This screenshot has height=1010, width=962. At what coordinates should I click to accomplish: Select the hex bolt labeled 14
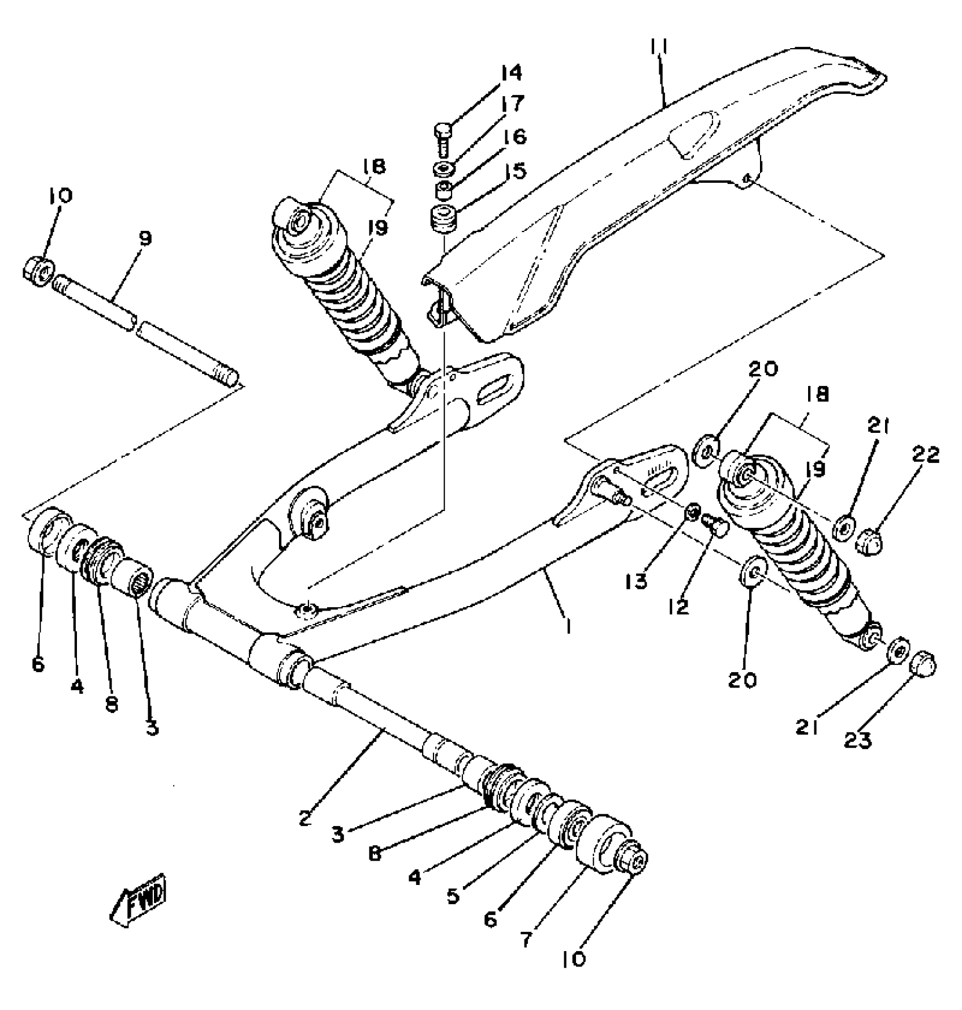(x=442, y=136)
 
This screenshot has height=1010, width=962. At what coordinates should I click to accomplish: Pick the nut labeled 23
(x=924, y=663)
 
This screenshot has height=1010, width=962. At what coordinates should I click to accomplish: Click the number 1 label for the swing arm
(x=568, y=626)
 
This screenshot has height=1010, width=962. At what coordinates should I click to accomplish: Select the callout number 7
(x=527, y=940)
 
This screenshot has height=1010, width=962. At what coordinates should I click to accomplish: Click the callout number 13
(x=639, y=581)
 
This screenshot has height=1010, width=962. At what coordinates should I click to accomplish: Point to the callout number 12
(x=678, y=606)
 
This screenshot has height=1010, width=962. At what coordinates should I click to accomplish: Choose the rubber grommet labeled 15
(x=444, y=219)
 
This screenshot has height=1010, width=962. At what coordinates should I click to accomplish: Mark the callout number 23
(x=858, y=738)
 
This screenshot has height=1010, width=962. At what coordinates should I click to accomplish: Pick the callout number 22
(x=925, y=454)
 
